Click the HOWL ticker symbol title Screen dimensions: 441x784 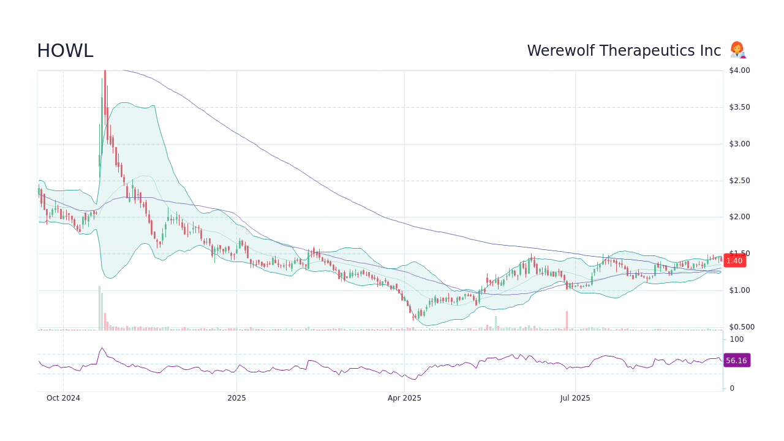click(65, 51)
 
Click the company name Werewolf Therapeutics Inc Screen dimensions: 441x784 click(624, 51)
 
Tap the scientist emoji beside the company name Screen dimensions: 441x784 click(737, 50)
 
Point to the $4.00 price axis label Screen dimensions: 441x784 click(739, 70)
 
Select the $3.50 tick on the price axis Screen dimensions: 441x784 click(739, 107)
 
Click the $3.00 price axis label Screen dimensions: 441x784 click(739, 144)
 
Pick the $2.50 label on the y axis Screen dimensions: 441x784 click(739, 181)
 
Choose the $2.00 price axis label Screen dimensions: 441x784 click(739, 217)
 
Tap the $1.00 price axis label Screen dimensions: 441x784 click(739, 290)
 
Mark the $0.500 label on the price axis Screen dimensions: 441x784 click(741, 327)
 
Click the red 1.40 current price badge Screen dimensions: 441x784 click(734, 260)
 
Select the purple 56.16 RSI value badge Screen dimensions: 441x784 click(736, 360)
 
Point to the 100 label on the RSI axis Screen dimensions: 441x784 click(736, 339)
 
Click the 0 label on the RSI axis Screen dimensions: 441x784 click(732, 388)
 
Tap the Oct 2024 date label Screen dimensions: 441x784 click(63, 398)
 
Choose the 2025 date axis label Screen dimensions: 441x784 click(236, 398)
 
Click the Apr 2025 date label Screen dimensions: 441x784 click(404, 398)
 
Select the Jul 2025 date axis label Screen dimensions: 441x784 click(575, 398)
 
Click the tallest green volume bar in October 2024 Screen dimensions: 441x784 click(99, 308)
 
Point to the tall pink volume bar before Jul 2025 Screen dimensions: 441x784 click(567, 321)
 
